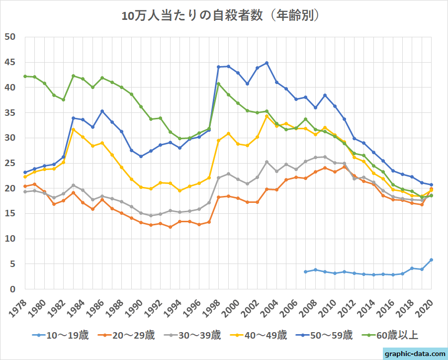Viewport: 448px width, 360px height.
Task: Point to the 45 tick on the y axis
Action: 10,62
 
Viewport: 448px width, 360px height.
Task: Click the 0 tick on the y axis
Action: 13,289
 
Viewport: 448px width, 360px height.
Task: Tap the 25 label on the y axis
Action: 10,163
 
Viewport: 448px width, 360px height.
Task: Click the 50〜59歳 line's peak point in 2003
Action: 267,63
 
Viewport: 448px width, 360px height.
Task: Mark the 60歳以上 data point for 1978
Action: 25,76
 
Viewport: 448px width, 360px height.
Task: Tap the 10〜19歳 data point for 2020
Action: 431,260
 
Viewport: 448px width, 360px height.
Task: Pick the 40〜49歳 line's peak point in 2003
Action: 267,116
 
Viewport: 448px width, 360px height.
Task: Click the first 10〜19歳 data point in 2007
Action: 305,271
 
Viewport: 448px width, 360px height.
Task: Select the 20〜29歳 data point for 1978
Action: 25,186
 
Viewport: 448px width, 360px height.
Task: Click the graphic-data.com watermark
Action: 416,354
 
